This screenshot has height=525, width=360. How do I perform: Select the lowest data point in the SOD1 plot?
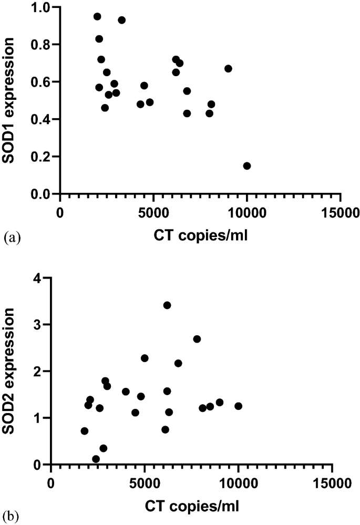tap(247, 166)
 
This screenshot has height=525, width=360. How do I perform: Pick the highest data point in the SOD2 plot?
tap(167, 305)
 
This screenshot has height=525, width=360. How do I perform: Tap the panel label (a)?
tap(12, 238)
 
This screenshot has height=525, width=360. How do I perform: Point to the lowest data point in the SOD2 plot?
tap(96, 459)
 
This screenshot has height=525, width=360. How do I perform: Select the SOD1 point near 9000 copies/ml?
tap(228, 69)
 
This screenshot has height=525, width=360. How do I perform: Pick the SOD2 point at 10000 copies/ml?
tap(238, 406)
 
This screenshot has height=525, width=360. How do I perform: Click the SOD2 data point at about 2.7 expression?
tap(197, 339)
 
